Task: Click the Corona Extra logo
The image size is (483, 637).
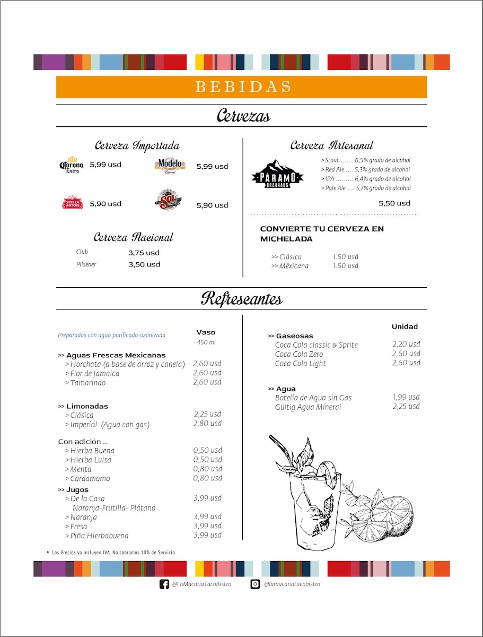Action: click(71, 165)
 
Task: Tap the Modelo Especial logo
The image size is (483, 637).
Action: click(170, 166)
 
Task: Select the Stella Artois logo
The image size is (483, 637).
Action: click(73, 203)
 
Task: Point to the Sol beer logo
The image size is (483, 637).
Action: click(169, 201)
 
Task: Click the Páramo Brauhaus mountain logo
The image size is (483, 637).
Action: click(277, 173)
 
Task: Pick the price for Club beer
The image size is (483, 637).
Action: click(144, 253)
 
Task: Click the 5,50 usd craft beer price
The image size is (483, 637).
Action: click(394, 203)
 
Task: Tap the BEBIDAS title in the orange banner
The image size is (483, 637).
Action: click(242, 87)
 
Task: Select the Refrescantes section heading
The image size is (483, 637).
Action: click(241, 299)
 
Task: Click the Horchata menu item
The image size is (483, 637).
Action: click(127, 364)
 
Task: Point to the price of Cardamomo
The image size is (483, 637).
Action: click(207, 478)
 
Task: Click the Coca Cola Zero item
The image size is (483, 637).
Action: click(299, 354)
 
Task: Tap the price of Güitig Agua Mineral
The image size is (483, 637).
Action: click(406, 407)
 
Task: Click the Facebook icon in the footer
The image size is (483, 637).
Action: click(164, 584)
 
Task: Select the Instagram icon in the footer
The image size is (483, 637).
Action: click(256, 584)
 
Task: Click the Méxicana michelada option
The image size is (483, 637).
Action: click(290, 266)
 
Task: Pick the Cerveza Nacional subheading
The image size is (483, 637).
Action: click(134, 237)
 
